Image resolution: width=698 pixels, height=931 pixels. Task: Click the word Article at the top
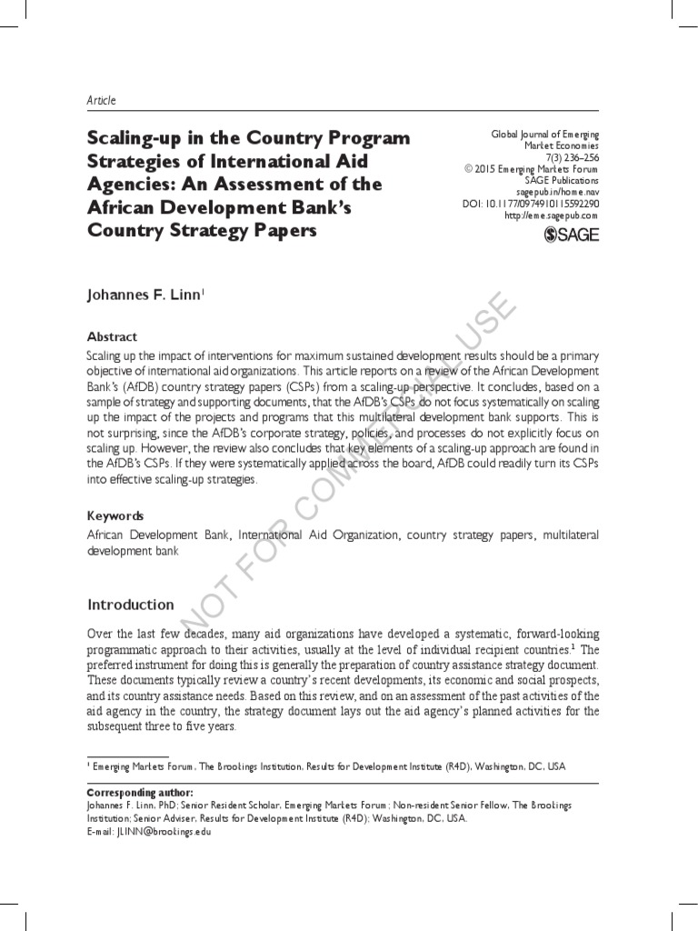101,100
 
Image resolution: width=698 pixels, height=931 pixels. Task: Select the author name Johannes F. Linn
145,295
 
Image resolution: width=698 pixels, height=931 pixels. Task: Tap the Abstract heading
112,336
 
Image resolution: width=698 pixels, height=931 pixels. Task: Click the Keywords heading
115,516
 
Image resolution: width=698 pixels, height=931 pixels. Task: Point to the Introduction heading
130,605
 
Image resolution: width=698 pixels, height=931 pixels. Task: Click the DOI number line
531,204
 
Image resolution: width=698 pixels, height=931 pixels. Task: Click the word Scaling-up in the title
131,138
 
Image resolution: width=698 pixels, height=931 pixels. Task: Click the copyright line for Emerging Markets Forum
531,169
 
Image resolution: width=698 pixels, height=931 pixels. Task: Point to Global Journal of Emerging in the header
544,135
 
